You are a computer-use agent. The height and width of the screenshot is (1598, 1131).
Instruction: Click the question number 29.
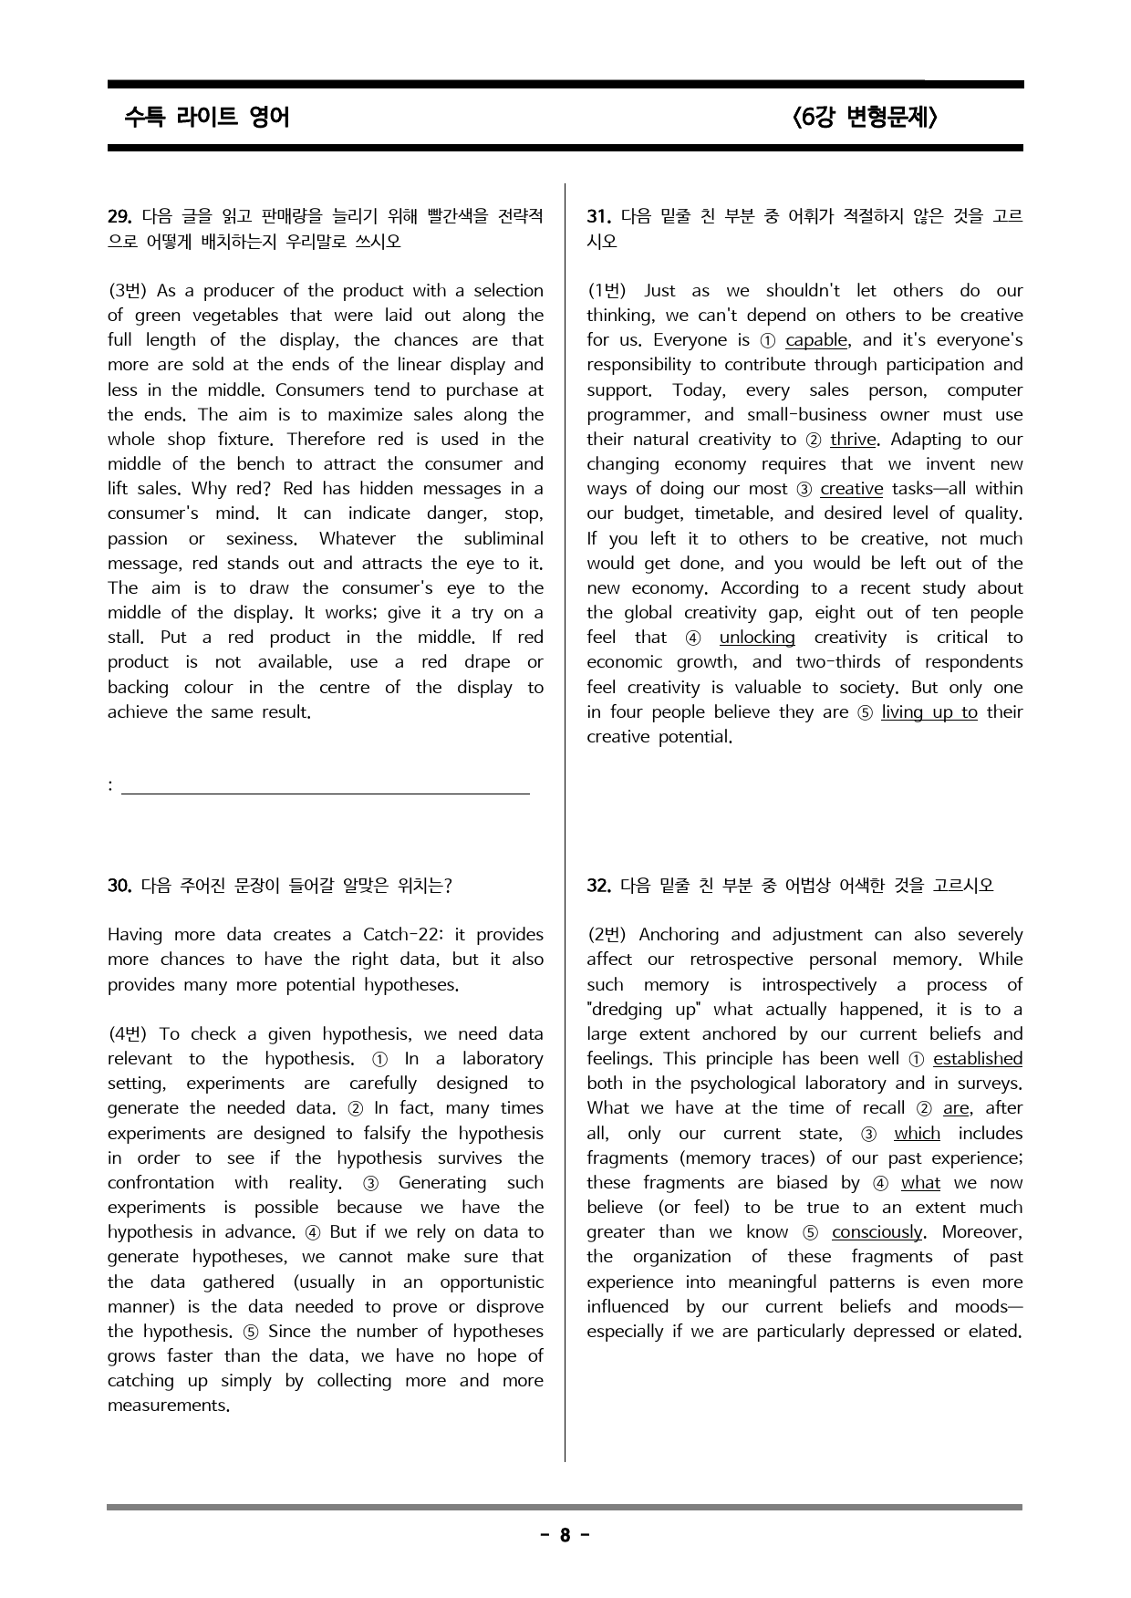[120, 217]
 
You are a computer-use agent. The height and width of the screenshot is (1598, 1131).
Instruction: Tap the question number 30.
[120, 886]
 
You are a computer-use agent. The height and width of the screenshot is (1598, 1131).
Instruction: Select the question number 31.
[598, 217]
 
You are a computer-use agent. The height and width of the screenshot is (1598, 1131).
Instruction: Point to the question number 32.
[598, 886]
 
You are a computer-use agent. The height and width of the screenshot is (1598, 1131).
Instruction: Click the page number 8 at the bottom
[565, 1536]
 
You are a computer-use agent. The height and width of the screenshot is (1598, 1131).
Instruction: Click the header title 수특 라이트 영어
[206, 118]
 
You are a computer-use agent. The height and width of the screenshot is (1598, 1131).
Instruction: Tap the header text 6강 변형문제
[865, 118]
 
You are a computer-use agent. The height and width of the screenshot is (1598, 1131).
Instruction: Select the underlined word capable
[816, 340]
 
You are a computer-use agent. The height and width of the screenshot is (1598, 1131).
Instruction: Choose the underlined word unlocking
[757, 638]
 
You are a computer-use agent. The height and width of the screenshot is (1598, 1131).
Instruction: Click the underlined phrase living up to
[929, 712]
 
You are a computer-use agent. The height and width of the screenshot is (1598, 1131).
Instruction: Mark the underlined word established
[977, 1059]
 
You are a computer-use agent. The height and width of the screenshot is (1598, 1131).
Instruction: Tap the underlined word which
[917, 1134]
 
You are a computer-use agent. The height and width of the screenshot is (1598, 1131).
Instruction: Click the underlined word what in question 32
[920, 1183]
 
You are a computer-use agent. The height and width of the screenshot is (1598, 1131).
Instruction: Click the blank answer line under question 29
[325, 793]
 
